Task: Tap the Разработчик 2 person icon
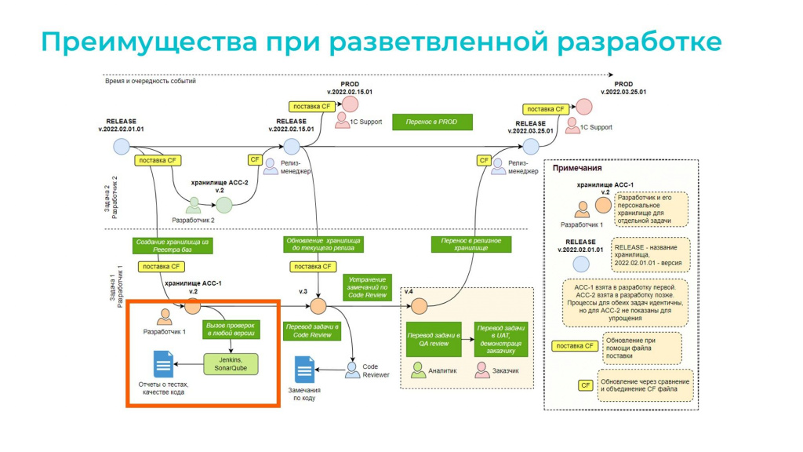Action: point(194,205)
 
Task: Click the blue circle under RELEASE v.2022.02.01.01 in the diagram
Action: point(121,146)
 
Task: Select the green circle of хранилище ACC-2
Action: point(225,206)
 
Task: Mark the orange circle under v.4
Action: point(419,306)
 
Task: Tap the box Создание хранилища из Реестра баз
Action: point(171,245)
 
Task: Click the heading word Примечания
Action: point(577,168)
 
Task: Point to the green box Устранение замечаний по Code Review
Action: point(368,286)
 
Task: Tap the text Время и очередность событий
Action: point(150,81)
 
